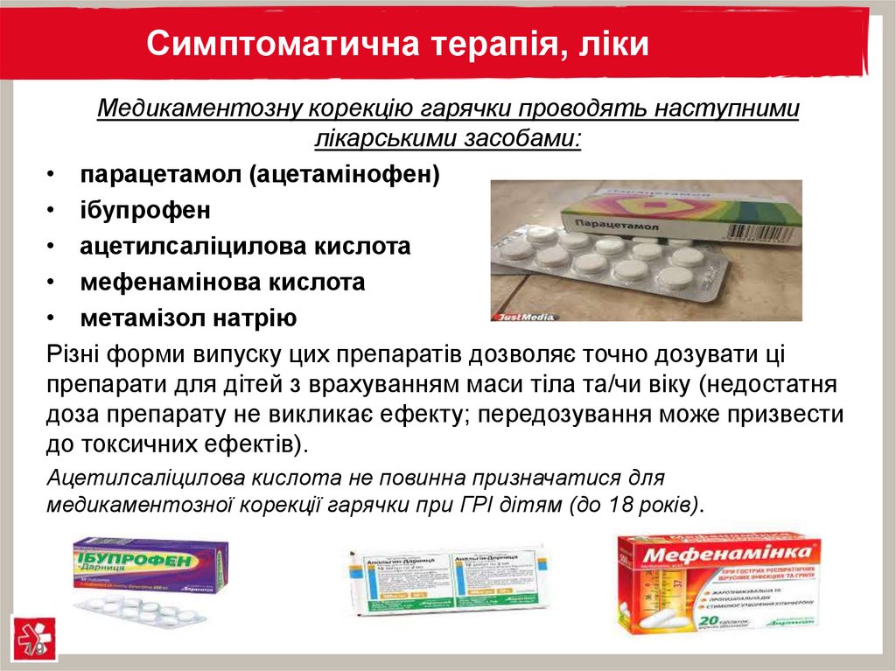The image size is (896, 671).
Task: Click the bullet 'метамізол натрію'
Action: (189, 318)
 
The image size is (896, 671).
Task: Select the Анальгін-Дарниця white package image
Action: (448, 577)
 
